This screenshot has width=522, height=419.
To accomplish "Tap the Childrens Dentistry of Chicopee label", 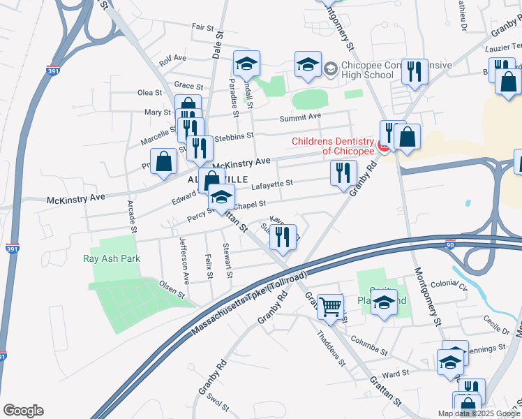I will click(x=333, y=146).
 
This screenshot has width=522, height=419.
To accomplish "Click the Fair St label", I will click(x=203, y=27).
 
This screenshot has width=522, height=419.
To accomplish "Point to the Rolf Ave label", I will click(x=172, y=59).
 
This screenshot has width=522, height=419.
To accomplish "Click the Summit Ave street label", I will click(x=300, y=117).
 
